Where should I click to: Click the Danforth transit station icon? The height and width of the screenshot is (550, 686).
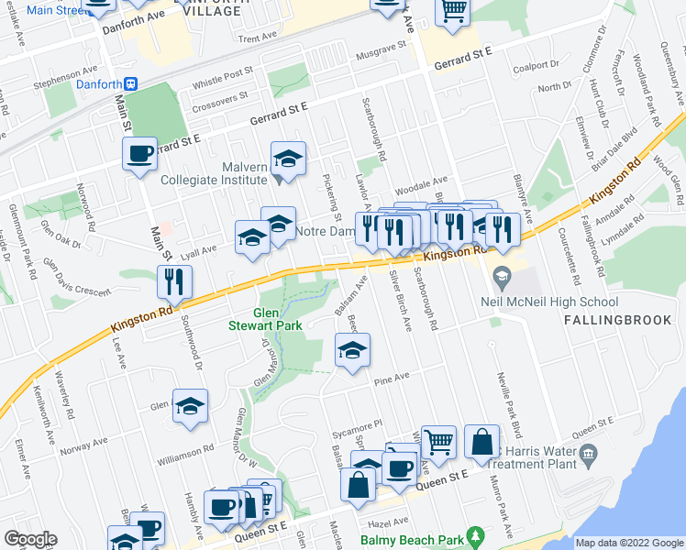click(x=131, y=83)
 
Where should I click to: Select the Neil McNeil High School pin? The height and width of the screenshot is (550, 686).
click(x=501, y=275)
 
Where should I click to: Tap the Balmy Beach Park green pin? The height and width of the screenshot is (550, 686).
click(x=474, y=534)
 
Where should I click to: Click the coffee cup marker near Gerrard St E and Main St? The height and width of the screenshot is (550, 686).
click(x=140, y=154)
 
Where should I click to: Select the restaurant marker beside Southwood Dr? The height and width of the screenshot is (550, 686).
click(x=173, y=283)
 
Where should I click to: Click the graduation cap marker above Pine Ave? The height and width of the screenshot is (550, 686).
click(x=351, y=351)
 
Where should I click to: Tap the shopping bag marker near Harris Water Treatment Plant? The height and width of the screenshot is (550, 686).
click(x=481, y=444)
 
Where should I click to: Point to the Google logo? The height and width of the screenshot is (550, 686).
click(x=29, y=539)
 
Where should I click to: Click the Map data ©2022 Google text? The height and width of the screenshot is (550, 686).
click(x=628, y=543)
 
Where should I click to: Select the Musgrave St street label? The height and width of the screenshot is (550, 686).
click(x=382, y=48)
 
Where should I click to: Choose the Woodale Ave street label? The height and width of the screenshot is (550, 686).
click(x=426, y=181)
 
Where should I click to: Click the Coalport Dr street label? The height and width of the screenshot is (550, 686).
click(x=537, y=66)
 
